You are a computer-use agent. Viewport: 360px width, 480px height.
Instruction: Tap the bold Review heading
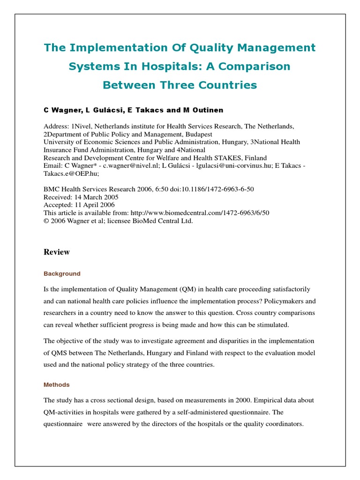pos(57,252)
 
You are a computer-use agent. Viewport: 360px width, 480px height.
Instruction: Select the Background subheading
pos(62,274)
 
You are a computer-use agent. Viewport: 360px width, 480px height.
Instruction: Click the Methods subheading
pos(57,385)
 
